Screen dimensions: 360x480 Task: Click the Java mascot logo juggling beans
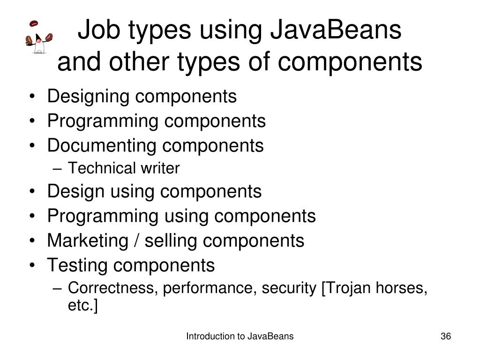coord(38,37)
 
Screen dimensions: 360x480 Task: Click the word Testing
coord(78,265)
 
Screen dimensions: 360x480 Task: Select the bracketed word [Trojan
coord(345,289)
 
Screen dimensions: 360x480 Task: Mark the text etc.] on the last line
coord(83,306)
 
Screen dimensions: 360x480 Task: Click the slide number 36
coord(445,337)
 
